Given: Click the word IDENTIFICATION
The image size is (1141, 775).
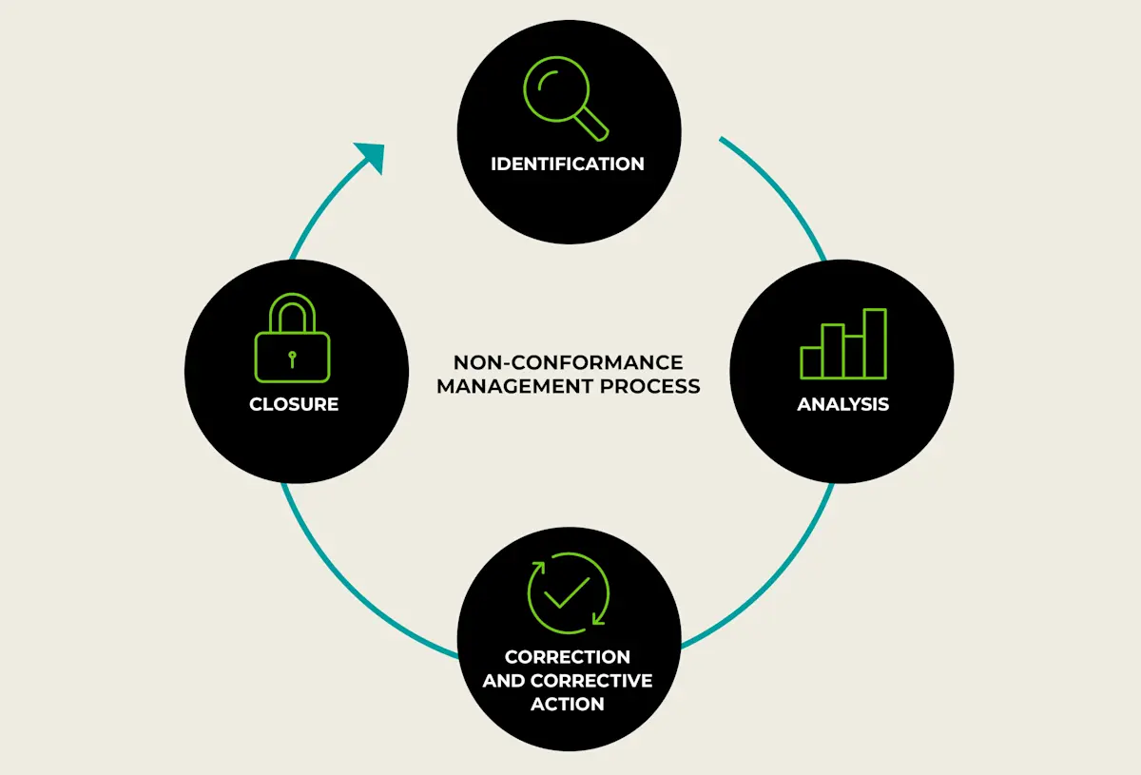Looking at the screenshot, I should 568,164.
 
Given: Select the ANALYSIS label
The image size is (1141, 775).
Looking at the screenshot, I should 842,404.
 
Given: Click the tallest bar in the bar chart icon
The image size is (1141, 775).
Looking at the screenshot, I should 874,344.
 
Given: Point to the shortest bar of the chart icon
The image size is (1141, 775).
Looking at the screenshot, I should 811,362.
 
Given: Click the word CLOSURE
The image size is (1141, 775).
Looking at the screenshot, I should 294,404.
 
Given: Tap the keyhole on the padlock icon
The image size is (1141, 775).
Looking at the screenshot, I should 293,358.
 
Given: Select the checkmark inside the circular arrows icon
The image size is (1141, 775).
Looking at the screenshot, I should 568,591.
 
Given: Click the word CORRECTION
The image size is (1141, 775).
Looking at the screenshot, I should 568,657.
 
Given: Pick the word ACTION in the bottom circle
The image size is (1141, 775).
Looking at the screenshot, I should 568,705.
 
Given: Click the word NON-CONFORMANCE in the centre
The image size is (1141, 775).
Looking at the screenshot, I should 568,362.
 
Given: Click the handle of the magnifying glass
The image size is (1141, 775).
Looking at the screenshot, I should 593,122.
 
